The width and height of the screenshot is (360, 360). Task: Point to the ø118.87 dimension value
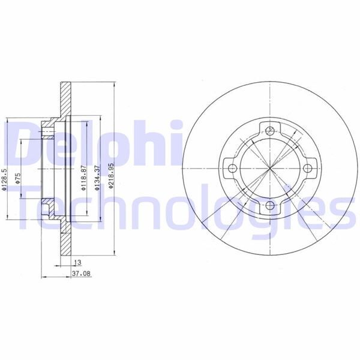pos(82,178)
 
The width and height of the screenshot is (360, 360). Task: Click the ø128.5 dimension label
pos(4,178)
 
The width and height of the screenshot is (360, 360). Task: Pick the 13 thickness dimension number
pos(77,263)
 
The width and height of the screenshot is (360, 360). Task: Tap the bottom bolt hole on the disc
pos(270,208)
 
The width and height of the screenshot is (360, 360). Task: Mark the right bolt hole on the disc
pos(309,169)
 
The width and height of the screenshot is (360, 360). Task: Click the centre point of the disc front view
pos(270,169)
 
